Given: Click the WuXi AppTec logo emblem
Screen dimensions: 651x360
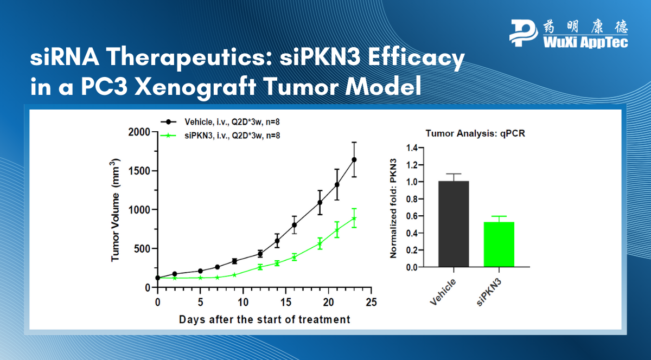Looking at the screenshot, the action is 524,33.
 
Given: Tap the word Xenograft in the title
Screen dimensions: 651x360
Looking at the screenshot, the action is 195,87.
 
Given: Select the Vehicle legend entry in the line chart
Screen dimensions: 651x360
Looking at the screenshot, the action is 220,122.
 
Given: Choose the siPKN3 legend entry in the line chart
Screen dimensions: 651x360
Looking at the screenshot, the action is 220,136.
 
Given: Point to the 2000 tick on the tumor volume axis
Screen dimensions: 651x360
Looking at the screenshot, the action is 139,132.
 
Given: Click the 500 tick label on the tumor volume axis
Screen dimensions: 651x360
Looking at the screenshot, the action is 142,249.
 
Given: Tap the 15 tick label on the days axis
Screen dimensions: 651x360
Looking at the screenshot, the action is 286,302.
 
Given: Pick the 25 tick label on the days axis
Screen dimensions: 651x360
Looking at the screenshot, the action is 371,302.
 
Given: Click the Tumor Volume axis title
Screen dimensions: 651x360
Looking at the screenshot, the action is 116,210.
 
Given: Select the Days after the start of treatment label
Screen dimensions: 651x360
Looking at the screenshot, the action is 265,320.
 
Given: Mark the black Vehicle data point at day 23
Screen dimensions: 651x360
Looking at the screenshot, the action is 354,159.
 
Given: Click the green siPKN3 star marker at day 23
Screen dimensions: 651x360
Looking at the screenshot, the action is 354,218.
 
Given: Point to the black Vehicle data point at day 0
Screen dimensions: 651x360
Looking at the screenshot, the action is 158,278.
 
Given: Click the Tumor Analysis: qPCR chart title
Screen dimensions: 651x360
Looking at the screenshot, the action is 475,133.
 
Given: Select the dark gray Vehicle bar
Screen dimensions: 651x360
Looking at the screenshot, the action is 454,224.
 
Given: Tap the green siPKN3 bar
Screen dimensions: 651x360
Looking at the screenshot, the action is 499,245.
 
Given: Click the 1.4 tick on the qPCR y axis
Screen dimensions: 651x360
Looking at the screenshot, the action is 412,148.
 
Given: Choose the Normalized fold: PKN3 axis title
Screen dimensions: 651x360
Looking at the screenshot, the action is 393,208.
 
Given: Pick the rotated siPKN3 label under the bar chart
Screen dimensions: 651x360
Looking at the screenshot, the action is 490,292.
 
